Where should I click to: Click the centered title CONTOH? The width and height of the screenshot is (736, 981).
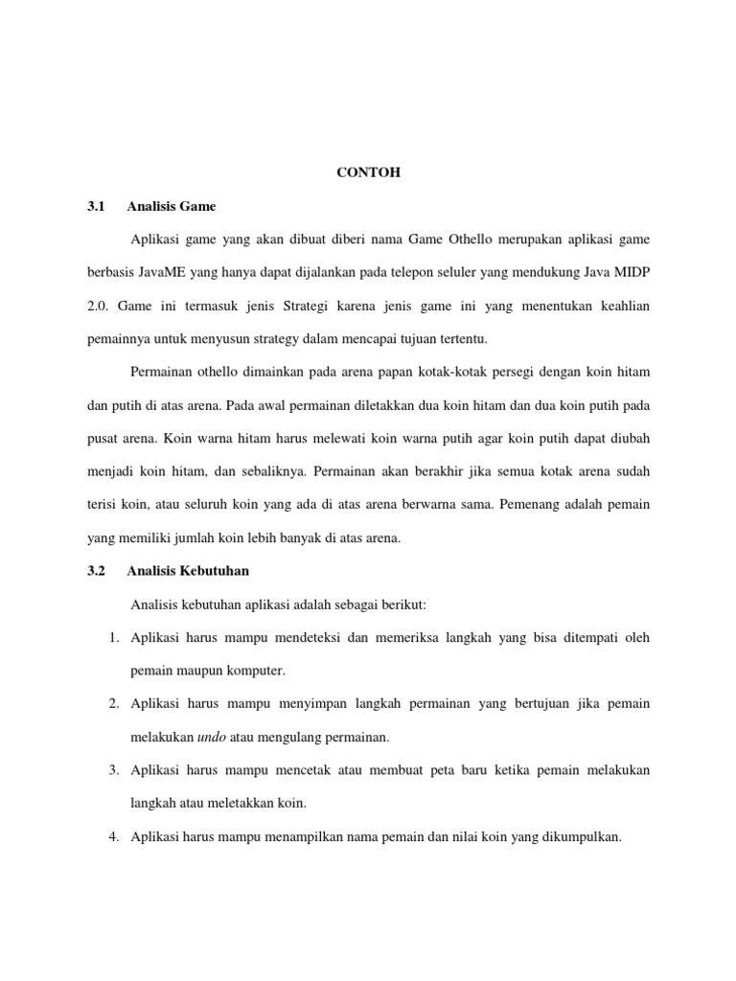pos(368,173)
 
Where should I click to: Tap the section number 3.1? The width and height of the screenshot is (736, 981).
pos(95,206)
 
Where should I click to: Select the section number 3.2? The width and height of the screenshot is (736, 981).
pos(95,571)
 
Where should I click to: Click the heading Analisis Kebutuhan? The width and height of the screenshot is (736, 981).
pos(188,571)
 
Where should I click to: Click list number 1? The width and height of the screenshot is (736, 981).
pos(112,637)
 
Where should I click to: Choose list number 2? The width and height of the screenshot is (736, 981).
pos(112,704)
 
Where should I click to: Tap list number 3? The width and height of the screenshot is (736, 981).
pos(112,770)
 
